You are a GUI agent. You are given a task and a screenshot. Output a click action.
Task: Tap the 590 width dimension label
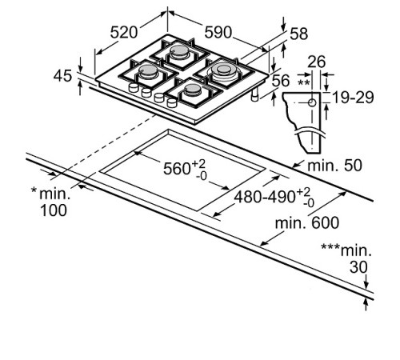pos(217,32)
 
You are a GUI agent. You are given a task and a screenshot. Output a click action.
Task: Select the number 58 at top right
pos(298,34)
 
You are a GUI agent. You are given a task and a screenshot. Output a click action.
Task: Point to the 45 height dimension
pos(62,76)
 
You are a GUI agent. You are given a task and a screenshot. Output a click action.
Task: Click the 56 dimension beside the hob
pos(280,80)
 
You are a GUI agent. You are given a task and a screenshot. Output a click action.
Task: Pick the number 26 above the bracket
pos(317,62)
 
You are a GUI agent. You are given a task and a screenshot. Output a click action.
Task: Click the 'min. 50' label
pos(334,166)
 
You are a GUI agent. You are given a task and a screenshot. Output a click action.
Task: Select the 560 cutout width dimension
pos(184,169)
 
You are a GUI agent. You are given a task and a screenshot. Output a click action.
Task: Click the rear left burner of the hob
pos(181,54)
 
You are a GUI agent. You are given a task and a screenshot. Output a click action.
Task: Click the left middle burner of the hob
pos(149,73)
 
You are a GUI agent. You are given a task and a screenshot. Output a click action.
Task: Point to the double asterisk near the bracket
pos(303,82)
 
